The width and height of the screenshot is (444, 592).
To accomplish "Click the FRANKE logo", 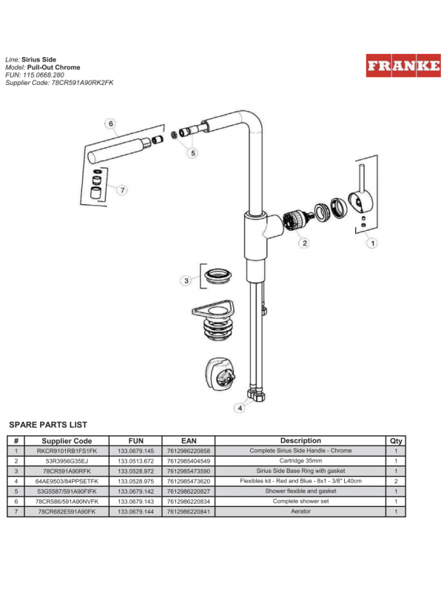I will click(x=403, y=66).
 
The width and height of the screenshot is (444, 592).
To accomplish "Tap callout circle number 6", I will click(x=110, y=124).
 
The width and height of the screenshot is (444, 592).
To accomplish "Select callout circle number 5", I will click(x=192, y=153).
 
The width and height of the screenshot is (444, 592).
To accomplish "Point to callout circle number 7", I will click(x=122, y=189).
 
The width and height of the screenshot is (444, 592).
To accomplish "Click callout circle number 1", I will click(x=373, y=242).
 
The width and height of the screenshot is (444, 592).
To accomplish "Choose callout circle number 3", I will click(x=186, y=280).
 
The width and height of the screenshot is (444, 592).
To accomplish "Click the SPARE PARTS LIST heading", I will click(x=47, y=425).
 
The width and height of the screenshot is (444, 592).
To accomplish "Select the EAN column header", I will click(x=189, y=441).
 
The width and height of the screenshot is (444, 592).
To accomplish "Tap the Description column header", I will click(x=300, y=441).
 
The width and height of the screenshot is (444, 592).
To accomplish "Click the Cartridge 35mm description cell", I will click(x=300, y=460).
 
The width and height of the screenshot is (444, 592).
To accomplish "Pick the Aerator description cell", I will click(x=300, y=511).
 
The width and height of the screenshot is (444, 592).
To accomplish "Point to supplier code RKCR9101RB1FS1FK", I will click(x=67, y=451).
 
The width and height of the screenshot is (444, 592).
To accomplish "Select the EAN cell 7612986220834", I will click(x=189, y=501).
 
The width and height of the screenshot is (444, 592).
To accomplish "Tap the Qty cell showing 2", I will click(x=396, y=481).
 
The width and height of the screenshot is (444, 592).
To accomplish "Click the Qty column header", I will click(x=396, y=441).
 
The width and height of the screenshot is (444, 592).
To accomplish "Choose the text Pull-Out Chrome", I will click(x=58, y=67).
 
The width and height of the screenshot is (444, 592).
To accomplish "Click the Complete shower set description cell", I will click(x=300, y=501).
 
